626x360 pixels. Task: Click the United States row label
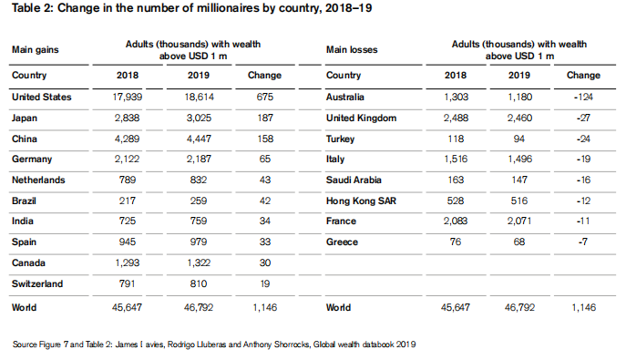[x=42, y=97]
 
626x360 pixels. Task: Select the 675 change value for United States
[x=265, y=97]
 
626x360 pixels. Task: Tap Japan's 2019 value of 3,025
[x=199, y=118]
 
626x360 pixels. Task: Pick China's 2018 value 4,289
[x=128, y=139]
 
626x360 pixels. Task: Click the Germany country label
[x=32, y=159]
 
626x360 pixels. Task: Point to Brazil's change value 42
[x=265, y=201]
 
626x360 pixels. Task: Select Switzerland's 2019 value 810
[x=199, y=283]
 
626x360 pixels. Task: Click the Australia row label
[x=345, y=97]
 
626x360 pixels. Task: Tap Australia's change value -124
[x=583, y=97]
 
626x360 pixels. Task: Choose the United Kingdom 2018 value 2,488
[x=456, y=118]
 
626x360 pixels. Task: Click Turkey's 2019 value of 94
[x=519, y=139]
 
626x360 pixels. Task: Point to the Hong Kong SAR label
[x=361, y=201]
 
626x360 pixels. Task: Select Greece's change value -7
[x=583, y=242]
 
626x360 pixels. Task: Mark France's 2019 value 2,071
[x=519, y=221]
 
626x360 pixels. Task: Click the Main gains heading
[x=36, y=50]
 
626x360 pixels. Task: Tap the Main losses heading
[x=352, y=50]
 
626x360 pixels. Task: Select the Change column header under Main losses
[x=583, y=76]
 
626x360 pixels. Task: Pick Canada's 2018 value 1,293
[x=128, y=263]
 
